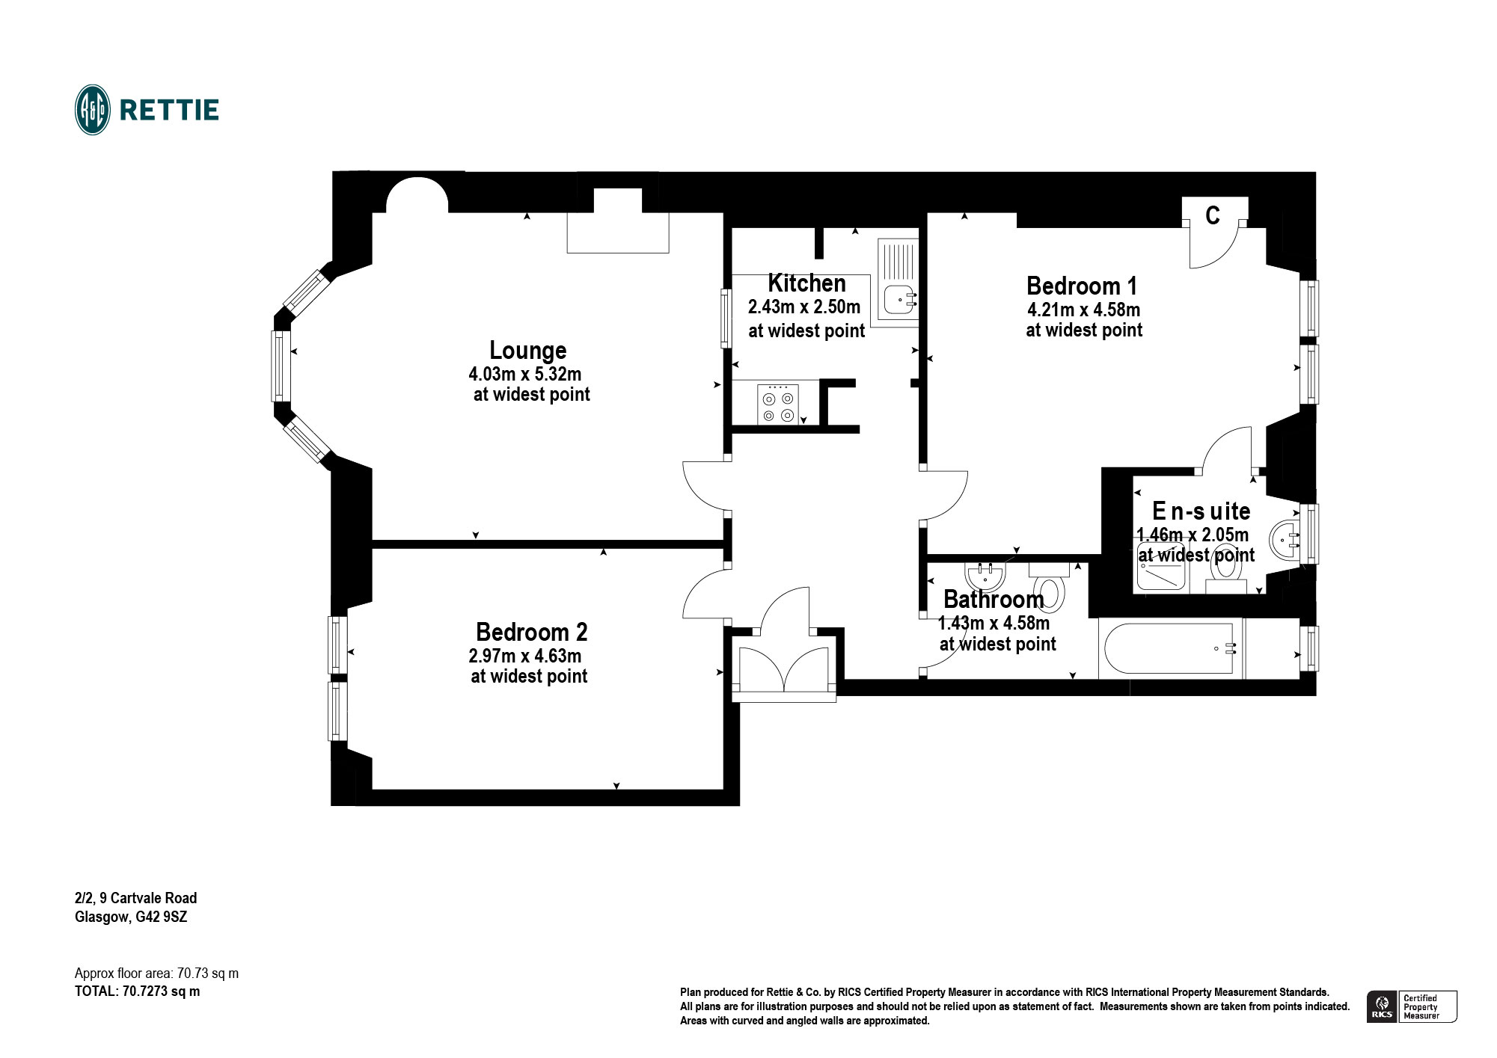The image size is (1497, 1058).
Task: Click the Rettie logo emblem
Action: [x=93, y=110]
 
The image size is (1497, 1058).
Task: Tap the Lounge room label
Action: [x=527, y=351]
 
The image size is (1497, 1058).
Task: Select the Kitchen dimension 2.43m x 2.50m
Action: [x=804, y=307]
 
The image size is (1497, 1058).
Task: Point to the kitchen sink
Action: [x=898, y=299]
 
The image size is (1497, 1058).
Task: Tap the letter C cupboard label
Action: [x=1213, y=216]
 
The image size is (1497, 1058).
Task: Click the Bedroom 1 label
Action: [x=1081, y=286]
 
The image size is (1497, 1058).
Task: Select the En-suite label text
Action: [x=1201, y=511]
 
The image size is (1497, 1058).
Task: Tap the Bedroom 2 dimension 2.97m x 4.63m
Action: [x=524, y=656]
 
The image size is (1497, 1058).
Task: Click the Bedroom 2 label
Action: [x=531, y=633]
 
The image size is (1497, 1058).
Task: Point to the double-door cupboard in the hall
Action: [x=783, y=667]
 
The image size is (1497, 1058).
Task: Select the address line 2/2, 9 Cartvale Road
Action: [x=135, y=898]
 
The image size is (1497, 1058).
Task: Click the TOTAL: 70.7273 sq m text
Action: [x=137, y=991]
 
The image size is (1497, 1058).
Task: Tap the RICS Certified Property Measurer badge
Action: [x=1412, y=1006]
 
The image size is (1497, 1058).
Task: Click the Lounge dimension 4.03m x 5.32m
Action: [x=524, y=375]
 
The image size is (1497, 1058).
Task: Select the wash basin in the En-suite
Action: [x=1285, y=538]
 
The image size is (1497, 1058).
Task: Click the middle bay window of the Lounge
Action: [x=281, y=366]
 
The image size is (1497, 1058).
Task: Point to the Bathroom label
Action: [x=993, y=600]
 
